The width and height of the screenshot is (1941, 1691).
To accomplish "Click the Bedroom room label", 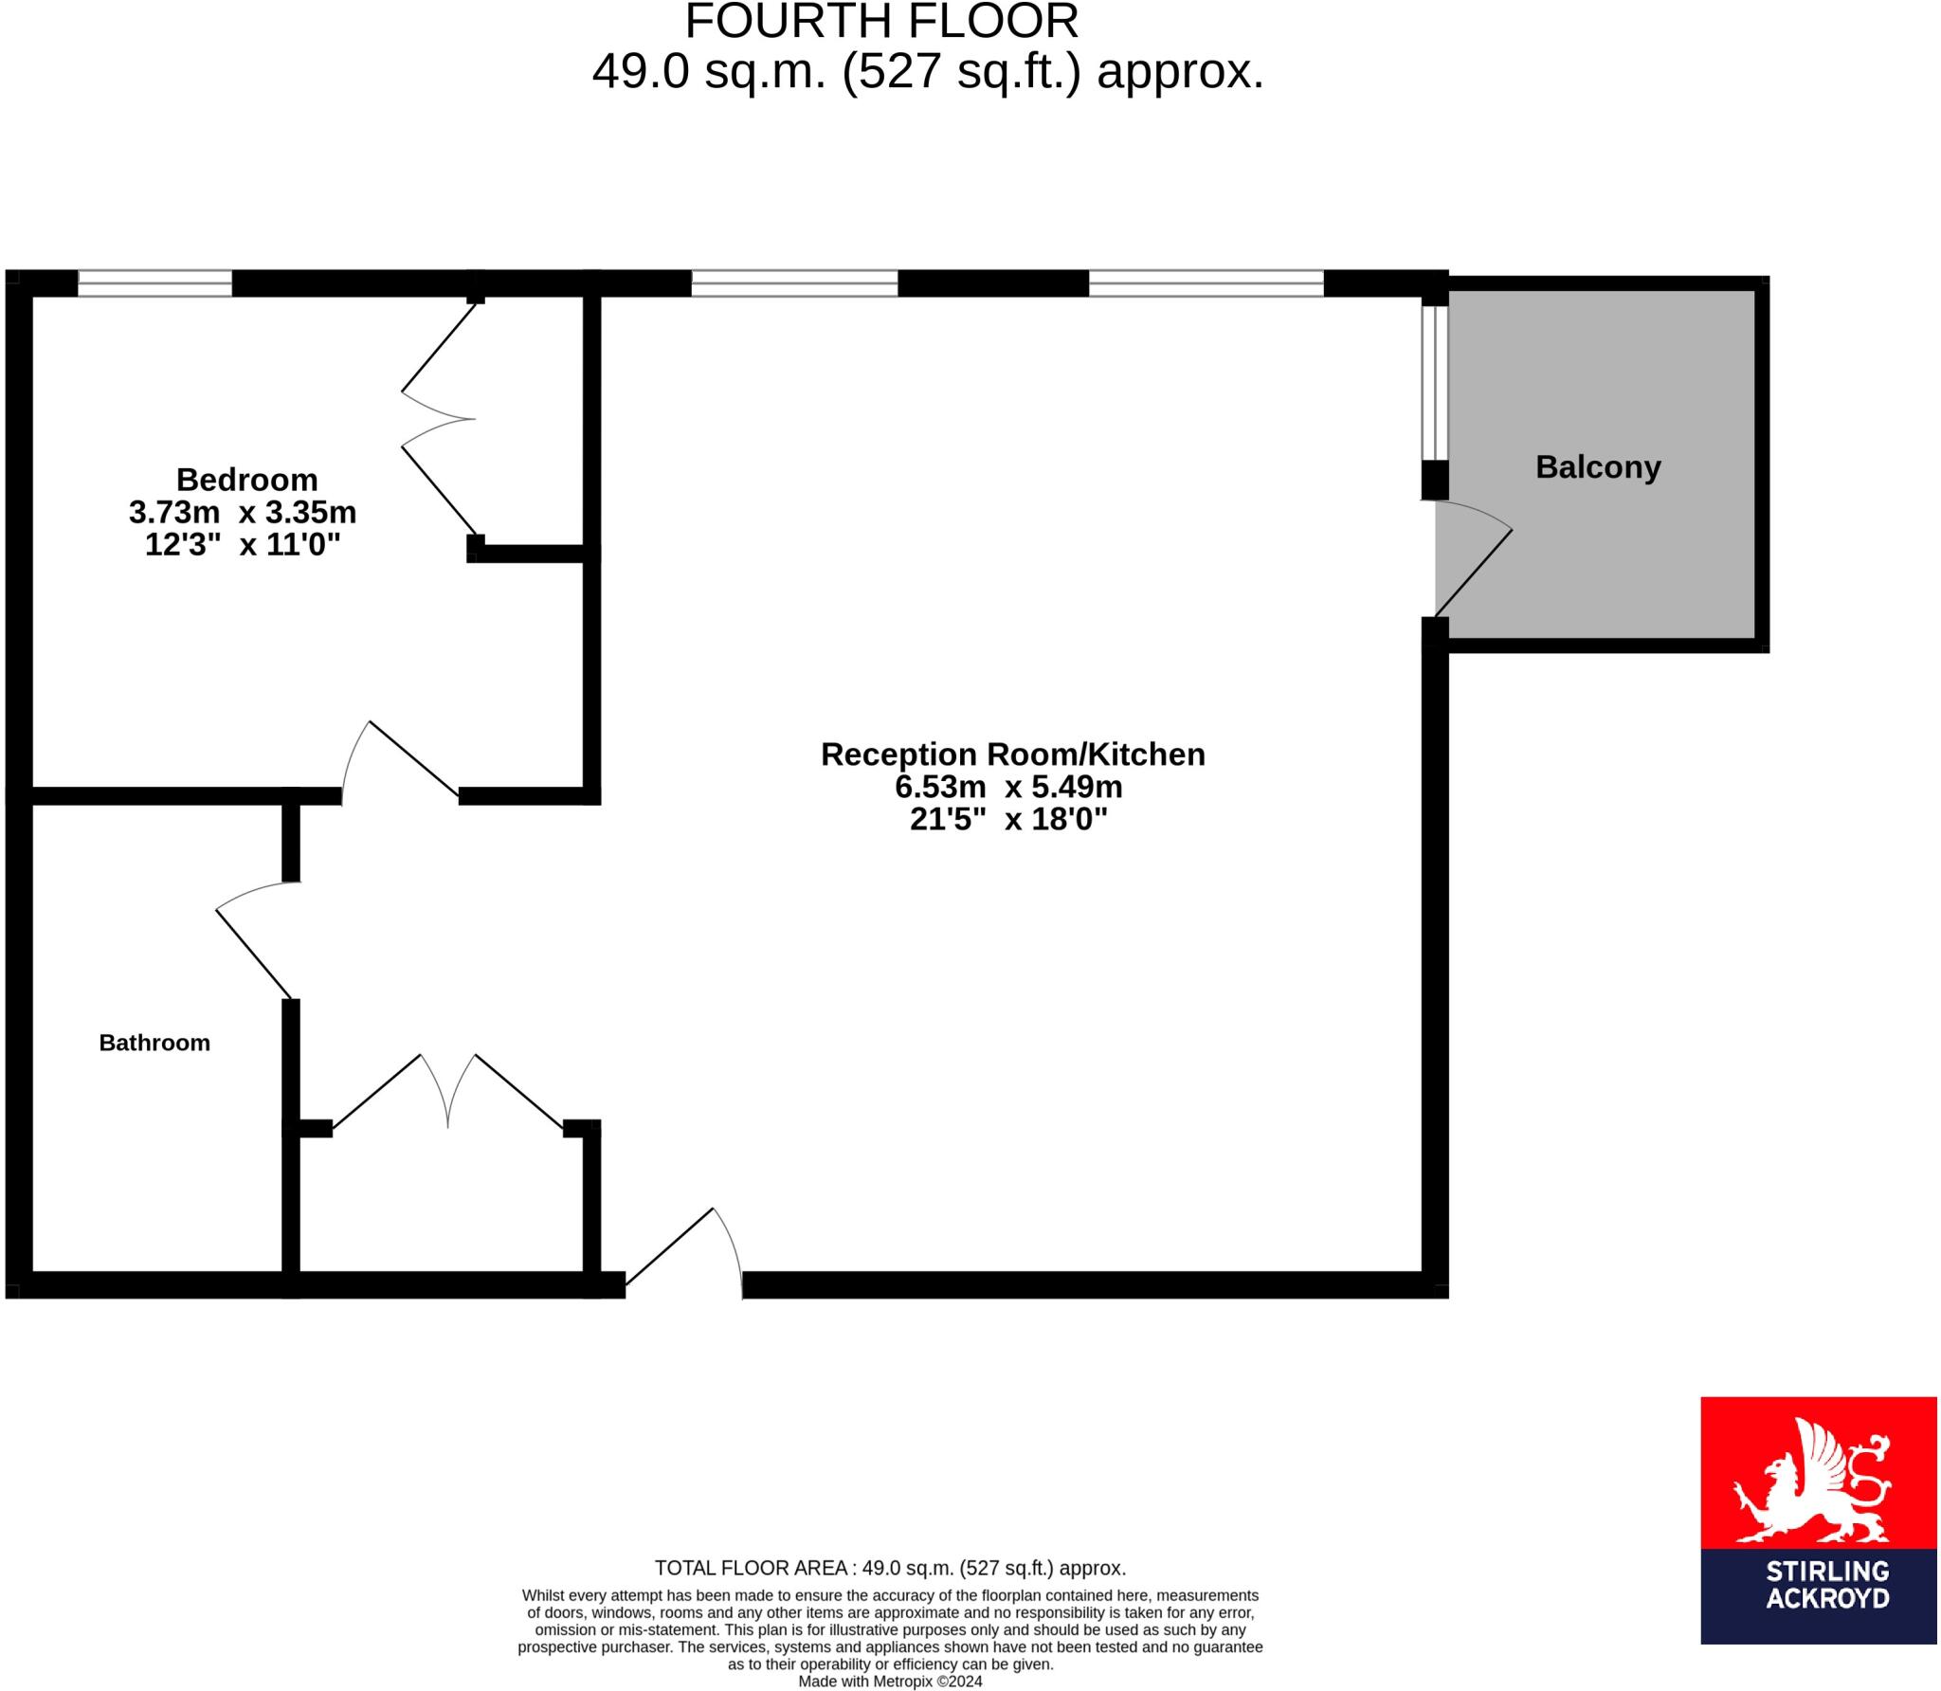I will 246,480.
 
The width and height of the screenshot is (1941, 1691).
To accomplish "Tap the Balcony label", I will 1598,467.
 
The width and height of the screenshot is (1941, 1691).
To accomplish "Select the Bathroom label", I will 154,1043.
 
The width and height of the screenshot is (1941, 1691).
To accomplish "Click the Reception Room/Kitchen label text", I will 1012,755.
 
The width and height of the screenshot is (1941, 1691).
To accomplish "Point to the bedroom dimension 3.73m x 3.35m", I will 243,513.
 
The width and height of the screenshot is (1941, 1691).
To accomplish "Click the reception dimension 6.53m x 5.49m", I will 1008,787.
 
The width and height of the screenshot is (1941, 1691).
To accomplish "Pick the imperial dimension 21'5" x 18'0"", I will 1008,819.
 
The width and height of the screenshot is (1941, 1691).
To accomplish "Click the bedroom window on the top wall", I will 154,283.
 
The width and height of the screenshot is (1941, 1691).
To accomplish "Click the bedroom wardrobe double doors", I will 438,418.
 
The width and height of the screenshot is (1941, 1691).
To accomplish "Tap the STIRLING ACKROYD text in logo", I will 1827,1598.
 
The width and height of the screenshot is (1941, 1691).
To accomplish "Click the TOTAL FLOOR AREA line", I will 890,1568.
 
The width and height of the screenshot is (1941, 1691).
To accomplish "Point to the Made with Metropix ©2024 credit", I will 890,1682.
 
